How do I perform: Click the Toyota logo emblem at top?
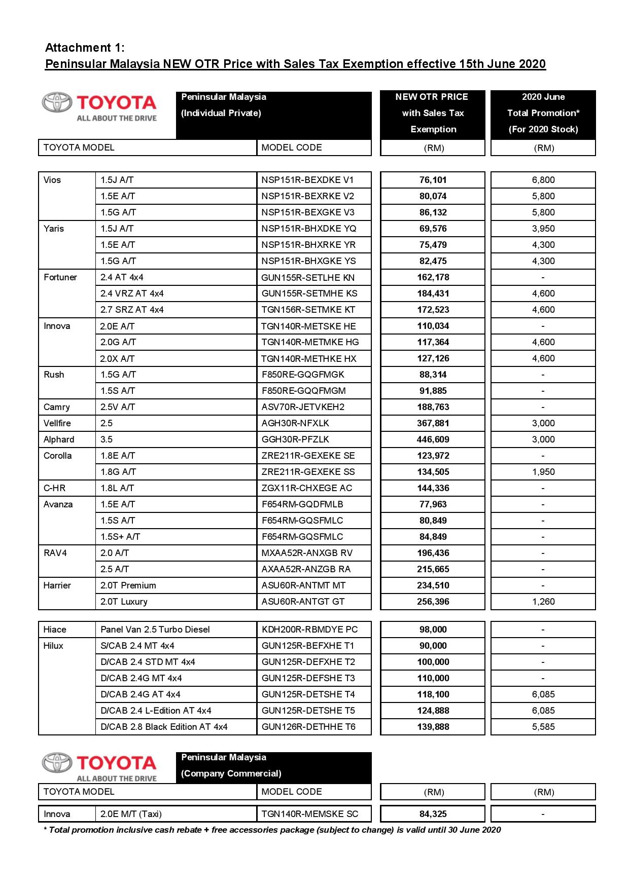pos(57,102)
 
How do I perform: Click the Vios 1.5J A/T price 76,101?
pos(433,180)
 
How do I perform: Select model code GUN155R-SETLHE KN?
pos(308,277)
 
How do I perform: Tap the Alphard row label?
pos(59,439)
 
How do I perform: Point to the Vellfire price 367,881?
pos(433,423)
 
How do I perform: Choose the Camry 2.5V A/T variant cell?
pos(117,407)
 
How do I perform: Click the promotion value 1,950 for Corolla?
pos(543,472)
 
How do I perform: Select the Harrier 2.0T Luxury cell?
pos(124,602)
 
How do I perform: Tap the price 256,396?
pos(433,602)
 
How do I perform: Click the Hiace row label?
pos(55,629)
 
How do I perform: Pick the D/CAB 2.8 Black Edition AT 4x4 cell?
pos(164,727)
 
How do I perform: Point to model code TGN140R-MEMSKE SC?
pos(309,814)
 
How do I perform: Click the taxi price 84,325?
pos(433,814)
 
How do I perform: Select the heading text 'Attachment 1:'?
pos(85,48)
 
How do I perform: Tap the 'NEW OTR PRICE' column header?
pos(432,97)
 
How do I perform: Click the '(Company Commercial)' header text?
pos(231,773)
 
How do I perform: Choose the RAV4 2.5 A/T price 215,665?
pos(433,569)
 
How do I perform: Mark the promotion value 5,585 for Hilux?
pos(543,727)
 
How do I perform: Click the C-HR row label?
pos(54,488)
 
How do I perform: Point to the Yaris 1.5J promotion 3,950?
pos(543,229)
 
